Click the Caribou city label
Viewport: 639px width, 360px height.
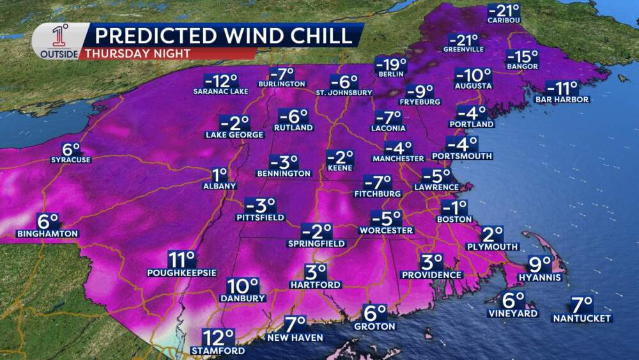point(504,20)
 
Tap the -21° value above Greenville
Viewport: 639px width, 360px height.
point(463,40)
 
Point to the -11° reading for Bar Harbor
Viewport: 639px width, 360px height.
point(562,88)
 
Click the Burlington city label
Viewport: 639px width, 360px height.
point(281,84)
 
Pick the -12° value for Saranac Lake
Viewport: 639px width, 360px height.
point(220,81)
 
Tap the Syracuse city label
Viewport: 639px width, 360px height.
point(71,159)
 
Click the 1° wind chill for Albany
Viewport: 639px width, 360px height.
point(220,174)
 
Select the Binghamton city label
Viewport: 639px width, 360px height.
point(48,233)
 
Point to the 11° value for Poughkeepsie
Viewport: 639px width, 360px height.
point(181,259)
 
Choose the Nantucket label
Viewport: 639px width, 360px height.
point(582,318)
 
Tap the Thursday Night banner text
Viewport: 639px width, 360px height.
point(137,54)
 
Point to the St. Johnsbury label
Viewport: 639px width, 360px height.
point(344,92)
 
